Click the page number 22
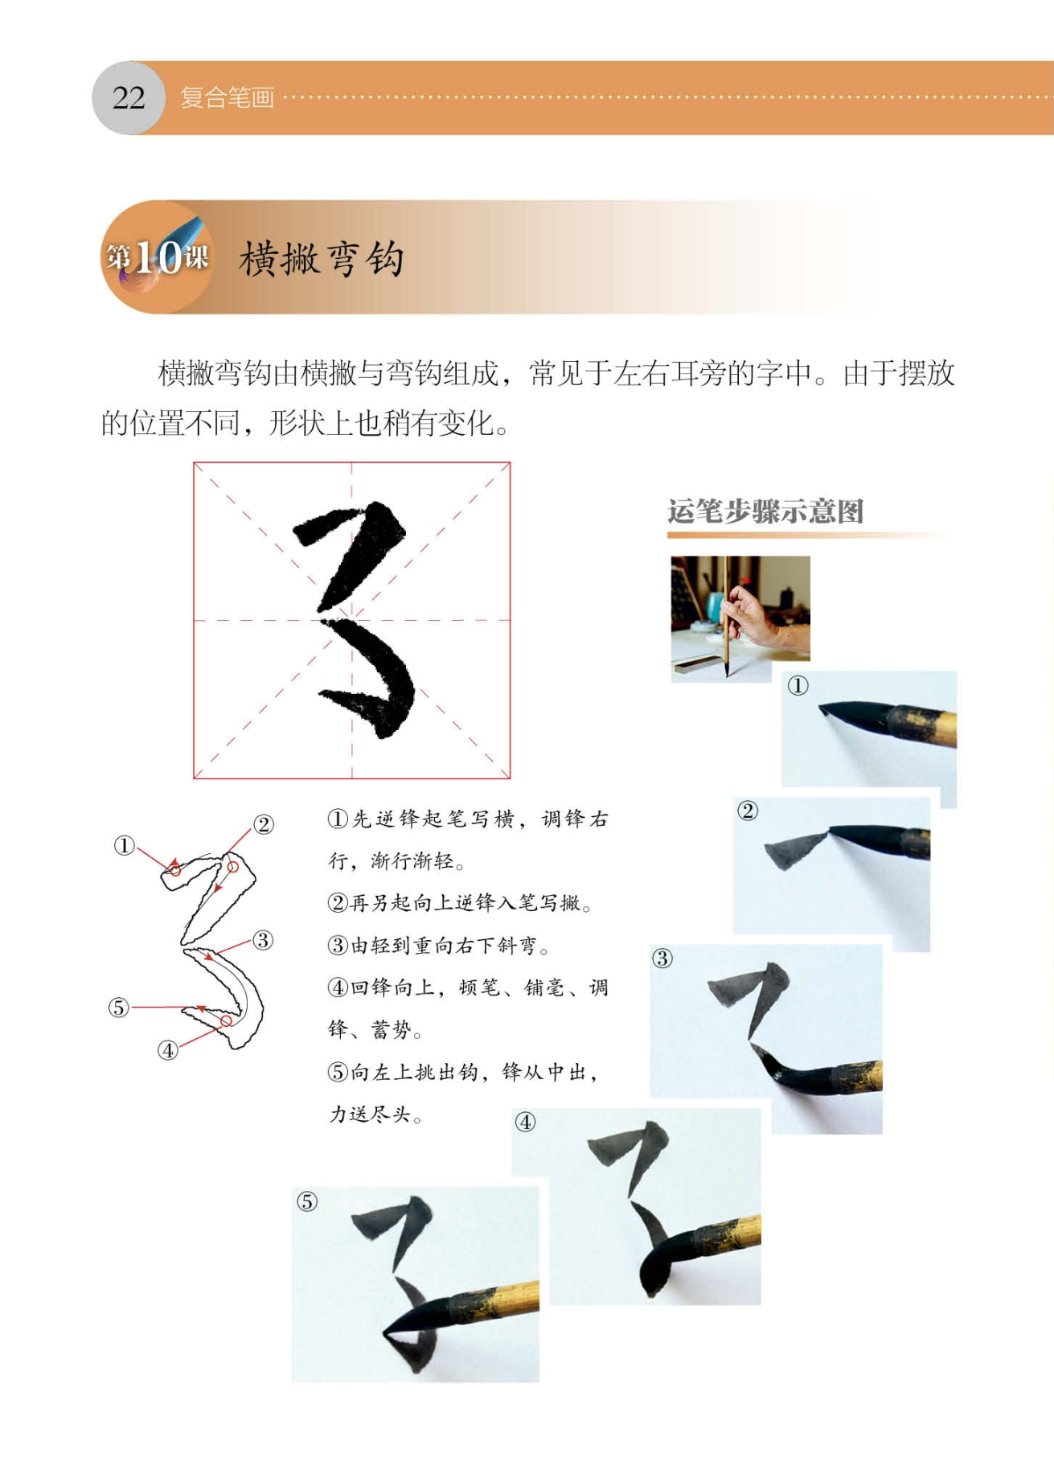pyautogui.click(x=129, y=98)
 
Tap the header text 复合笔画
pyautogui.click(x=228, y=98)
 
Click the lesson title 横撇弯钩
pyautogui.click(x=322, y=259)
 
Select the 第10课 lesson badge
pyautogui.click(x=158, y=257)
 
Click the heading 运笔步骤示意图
pyautogui.click(x=765, y=511)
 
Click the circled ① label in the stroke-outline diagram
pyautogui.click(x=124, y=846)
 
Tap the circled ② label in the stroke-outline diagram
pyautogui.click(x=264, y=824)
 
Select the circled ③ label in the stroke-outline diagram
pyautogui.click(x=263, y=940)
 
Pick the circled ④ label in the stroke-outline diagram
pyautogui.click(x=167, y=1050)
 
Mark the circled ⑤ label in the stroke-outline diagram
pyautogui.click(x=119, y=1008)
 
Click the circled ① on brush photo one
pyautogui.click(x=798, y=686)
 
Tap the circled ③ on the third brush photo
pyautogui.click(x=662, y=959)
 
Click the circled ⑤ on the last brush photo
pyautogui.click(x=307, y=1202)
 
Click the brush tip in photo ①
pyautogui.click(x=822, y=708)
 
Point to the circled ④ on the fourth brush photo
pyautogui.click(x=525, y=1123)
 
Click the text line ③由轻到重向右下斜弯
pyautogui.click(x=439, y=946)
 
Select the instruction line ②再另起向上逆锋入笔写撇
pyautogui.click(x=461, y=903)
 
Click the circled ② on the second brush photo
pyautogui.click(x=748, y=811)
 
